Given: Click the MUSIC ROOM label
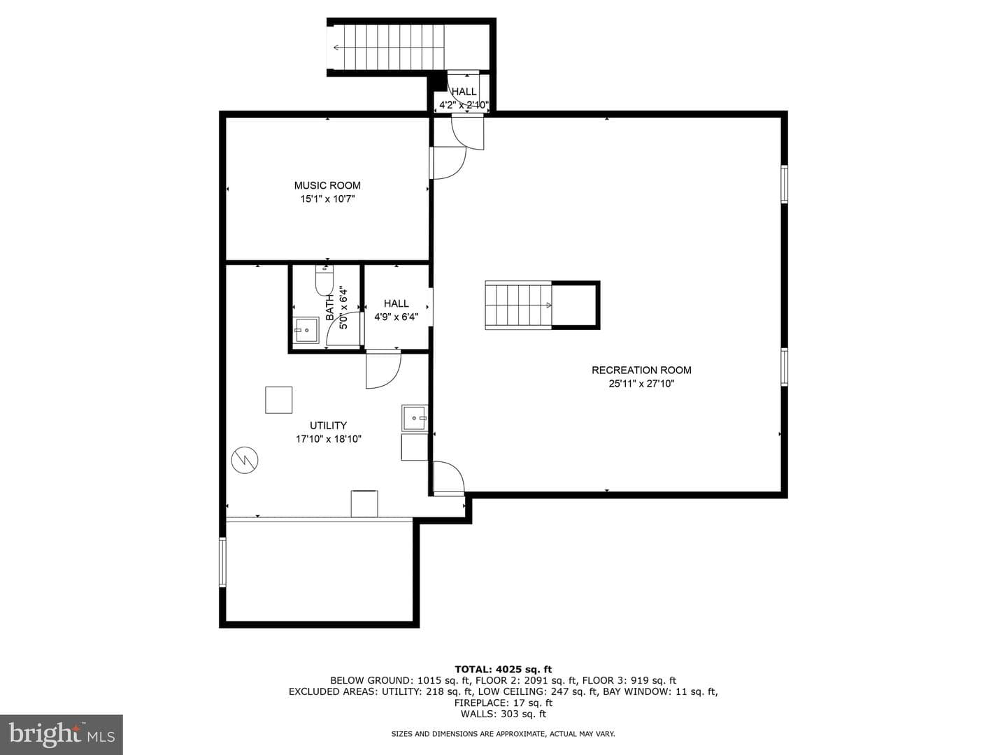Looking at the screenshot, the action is point(327,185).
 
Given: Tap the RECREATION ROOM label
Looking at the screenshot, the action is point(641,370).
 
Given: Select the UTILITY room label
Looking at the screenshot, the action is point(328,425).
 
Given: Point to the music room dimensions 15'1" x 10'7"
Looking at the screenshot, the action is point(327,199).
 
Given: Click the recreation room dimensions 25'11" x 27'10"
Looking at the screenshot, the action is point(641,384).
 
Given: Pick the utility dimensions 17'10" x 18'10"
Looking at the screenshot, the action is point(329,439).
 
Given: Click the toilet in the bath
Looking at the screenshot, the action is point(324,280).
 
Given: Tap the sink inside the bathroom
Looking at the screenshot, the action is point(306,330).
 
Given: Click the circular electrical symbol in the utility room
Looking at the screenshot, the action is point(245,460).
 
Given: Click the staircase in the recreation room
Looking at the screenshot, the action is point(518,305).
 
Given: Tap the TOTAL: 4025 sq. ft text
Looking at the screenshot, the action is point(503,669).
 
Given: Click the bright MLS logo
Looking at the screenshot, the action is point(61,734).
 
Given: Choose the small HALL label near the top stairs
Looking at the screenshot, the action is point(464,92).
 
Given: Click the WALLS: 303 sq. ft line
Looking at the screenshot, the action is point(503,713).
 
